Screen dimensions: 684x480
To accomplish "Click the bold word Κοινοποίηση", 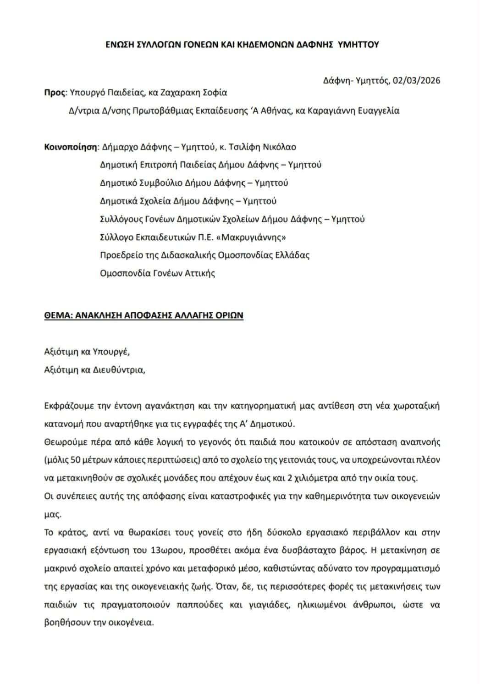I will tap(71, 147).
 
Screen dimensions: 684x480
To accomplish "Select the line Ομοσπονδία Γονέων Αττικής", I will tap(157, 274).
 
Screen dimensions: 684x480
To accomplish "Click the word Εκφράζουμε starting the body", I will tap(67, 406).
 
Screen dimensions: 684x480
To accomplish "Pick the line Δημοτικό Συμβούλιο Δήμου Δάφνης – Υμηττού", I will tap(194, 183).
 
